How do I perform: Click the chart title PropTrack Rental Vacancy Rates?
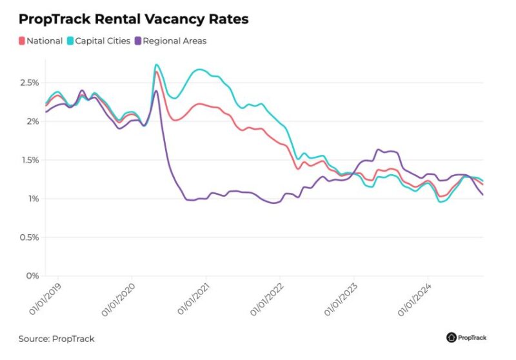pos(133,19)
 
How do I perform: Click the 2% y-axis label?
pos(32,121)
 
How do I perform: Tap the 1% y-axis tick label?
pos(32,199)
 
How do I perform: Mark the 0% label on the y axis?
pos(32,276)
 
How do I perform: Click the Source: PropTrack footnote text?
pos(56,339)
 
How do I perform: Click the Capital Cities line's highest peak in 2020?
pos(156,65)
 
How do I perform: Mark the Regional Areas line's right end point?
pos(483,195)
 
